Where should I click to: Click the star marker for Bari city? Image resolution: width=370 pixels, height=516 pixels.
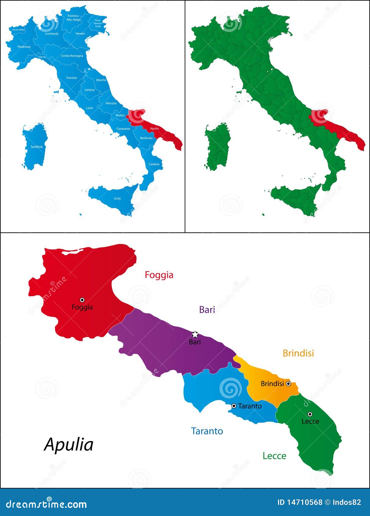195,334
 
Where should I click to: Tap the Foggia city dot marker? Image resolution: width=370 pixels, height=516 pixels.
82,300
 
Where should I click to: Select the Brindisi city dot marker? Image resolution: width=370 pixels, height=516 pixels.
288,384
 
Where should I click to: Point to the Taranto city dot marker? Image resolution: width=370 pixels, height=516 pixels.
234,406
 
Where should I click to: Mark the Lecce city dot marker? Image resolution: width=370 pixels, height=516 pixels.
310,414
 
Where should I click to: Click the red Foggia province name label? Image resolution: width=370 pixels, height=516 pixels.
159,275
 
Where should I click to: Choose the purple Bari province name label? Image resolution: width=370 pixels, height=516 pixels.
207,310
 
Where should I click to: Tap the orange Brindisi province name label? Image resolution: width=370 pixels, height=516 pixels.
298,353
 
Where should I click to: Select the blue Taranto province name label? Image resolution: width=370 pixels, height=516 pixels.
207,431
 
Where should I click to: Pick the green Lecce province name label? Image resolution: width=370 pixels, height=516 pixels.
274,456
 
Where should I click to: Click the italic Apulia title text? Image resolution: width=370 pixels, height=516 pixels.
69,445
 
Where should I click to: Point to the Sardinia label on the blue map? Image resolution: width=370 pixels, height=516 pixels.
37,147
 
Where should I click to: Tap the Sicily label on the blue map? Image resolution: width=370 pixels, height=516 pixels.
117,198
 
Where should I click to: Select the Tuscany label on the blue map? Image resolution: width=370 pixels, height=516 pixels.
71,78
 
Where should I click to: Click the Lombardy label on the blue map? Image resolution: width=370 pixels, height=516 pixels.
52,34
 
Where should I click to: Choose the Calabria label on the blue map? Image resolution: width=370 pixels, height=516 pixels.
154,164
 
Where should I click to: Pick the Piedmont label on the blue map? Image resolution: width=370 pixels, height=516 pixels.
24,47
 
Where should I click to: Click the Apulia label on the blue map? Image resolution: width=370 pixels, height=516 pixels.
154,129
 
